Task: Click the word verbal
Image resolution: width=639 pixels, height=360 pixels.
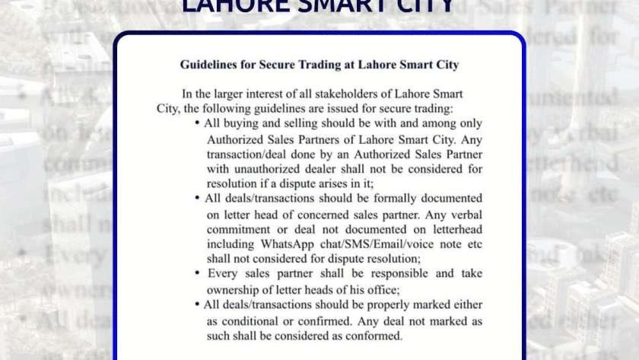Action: pos(463,214)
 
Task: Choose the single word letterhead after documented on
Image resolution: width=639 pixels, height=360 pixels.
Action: pos(453,228)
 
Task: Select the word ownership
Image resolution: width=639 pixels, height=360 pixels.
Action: pos(236,288)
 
